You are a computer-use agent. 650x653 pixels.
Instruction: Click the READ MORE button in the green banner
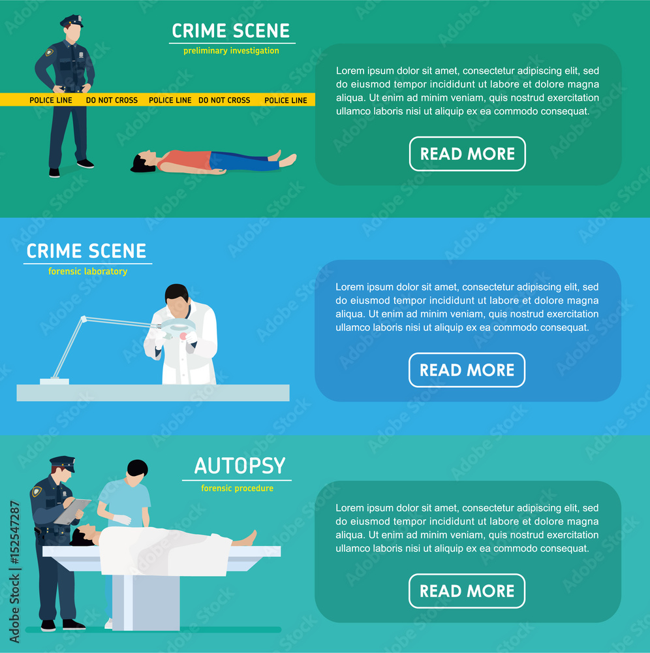(467, 154)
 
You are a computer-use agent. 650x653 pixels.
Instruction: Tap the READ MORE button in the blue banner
(467, 370)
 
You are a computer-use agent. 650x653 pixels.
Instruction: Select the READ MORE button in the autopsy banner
(467, 591)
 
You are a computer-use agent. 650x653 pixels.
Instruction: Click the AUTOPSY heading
(240, 466)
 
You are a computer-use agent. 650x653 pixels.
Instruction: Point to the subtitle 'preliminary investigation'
(231, 51)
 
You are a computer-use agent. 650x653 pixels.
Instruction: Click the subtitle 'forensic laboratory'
(87, 272)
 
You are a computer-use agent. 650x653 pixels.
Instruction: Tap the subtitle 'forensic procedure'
(237, 488)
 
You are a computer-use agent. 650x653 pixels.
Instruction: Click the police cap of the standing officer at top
(72, 21)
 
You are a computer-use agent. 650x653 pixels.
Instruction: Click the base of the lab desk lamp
(54, 381)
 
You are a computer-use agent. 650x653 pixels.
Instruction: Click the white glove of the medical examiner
(121, 520)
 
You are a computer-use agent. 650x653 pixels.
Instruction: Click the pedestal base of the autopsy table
(146, 601)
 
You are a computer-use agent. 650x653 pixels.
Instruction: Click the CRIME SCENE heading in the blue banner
(86, 251)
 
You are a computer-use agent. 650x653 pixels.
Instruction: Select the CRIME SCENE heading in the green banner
(230, 31)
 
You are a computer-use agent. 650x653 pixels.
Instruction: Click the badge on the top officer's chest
(50, 52)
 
